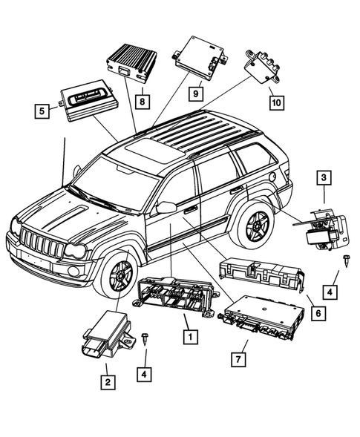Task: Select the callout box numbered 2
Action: point(108,383)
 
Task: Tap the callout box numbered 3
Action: point(324,177)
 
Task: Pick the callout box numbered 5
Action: point(43,112)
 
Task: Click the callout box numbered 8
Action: point(141,98)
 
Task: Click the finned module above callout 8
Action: point(132,60)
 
